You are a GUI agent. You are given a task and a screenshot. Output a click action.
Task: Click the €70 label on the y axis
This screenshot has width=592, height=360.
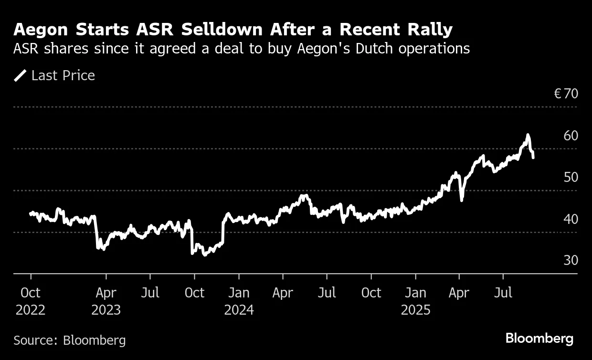click(x=566, y=94)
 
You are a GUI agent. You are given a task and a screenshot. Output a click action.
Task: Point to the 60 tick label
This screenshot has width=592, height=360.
click(x=571, y=136)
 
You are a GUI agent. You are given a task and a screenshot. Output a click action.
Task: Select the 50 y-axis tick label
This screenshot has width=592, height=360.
click(x=571, y=177)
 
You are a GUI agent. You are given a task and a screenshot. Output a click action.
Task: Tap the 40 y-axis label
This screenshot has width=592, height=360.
click(x=571, y=219)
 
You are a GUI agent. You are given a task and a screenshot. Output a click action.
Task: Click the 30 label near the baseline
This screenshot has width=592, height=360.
click(x=571, y=260)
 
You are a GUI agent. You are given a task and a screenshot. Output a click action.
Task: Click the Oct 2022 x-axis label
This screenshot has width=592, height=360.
click(x=31, y=301)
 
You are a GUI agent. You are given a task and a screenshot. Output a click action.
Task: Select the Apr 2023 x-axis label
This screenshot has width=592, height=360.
click(x=106, y=301)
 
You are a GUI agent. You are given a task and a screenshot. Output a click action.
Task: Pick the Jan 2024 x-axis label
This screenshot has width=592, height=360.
click(x=239, y=301)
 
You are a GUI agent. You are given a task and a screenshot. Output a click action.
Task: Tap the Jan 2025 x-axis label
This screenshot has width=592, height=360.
click(x=415, y=301)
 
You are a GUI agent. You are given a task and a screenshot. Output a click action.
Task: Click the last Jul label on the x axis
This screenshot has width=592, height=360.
click(x=503, y=292)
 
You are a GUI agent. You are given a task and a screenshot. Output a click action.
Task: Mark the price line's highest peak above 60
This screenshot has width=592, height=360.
click(x=528, y=135)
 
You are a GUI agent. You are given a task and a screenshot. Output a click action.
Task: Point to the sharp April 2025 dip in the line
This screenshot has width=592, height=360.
click(x=461, y=200)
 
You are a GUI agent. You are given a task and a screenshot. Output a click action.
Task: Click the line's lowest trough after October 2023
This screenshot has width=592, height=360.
click(x=205, y=254)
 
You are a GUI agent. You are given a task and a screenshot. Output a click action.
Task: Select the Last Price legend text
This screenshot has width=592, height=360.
click(x=63, y=75)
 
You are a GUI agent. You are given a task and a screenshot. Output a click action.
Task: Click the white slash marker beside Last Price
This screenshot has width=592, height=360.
click(x=21, y=75)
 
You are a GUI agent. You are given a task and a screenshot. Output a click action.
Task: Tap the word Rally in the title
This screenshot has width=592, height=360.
click(x=429, y=30)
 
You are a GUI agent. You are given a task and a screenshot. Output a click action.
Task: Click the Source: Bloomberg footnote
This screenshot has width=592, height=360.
click(x=70, y=340)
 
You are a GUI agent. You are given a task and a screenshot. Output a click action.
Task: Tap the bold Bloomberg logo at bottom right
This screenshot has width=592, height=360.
click(x=539, y=339)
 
